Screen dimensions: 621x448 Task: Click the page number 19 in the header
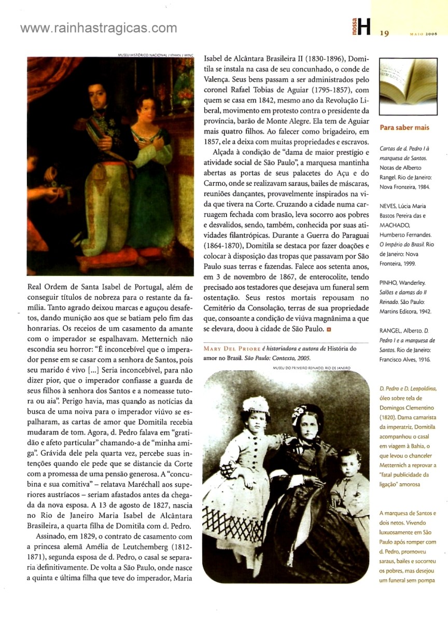click(384, 34)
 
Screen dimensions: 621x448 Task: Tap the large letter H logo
click(365, 27)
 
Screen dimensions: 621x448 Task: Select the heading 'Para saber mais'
click(404, 127)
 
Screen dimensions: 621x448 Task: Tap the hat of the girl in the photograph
click(256, 404)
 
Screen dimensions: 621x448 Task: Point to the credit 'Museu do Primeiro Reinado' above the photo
click(311, 368)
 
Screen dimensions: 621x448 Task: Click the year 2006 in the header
click(429, 34)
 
